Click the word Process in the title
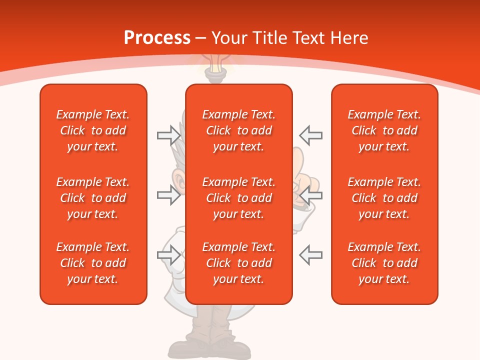157,38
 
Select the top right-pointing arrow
168,135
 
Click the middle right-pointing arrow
168,195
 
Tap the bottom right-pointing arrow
168,255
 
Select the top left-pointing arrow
310,135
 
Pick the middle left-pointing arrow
310,195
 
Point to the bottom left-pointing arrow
310,255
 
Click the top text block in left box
93,130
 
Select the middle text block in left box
93,198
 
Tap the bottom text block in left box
93,263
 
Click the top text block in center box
239,130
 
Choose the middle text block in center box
239,198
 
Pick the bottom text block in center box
239,263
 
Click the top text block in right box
384,130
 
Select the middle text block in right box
384,198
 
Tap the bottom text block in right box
384,263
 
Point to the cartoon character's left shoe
187,347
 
